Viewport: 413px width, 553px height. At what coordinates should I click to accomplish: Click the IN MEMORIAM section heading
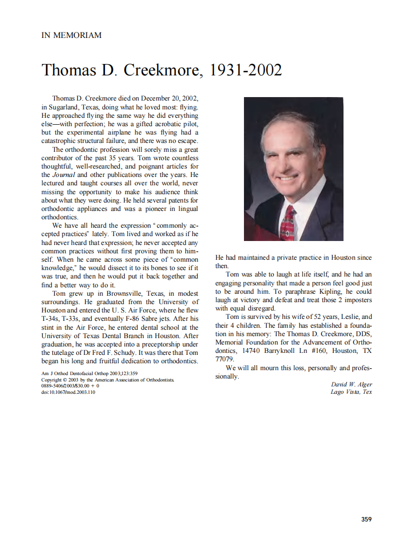click(x=71, y=35)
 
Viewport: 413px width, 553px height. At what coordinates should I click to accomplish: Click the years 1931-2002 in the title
click(x=246, y=70)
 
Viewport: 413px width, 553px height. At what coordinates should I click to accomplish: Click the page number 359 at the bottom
click(x=366, y=519)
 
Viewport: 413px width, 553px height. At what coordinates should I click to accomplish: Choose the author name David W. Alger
click(x=351, y=384)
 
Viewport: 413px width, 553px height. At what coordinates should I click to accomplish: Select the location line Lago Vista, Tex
click(x=351, y=392)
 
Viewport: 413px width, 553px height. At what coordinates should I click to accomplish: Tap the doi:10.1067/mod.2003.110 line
click(x=68, y=392)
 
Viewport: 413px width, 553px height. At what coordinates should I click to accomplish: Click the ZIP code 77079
click(x=225, y=359)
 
